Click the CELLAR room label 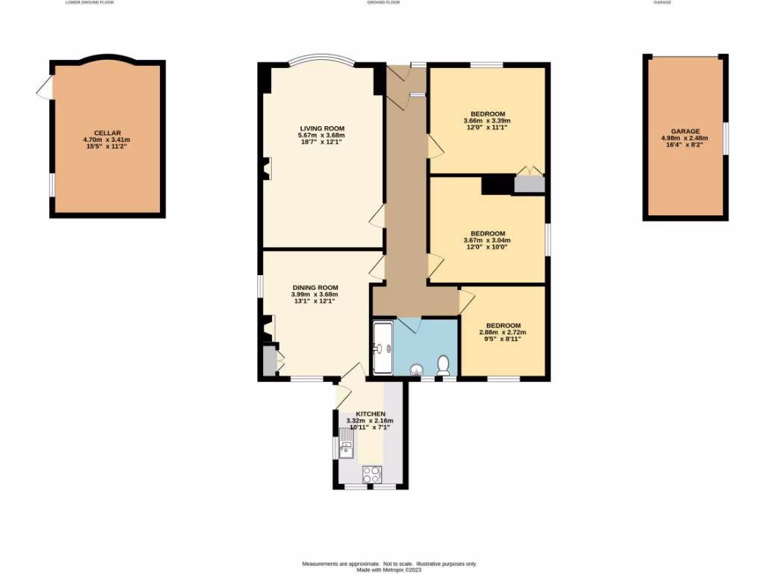coord(107,132)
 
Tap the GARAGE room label coord(685,131)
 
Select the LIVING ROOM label coord(322,128)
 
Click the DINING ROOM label coord(315,287)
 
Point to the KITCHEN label coord(371,413)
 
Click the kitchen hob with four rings coord(371,473)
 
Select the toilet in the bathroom coord(443,365)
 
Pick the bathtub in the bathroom coord(381,348)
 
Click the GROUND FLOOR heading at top coord(383,3)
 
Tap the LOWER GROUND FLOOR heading coord(90,3)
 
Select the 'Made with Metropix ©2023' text coord(388,570)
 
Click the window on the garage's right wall coord(726,138)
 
